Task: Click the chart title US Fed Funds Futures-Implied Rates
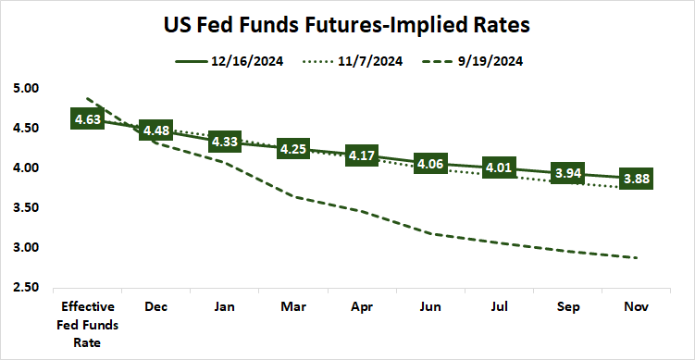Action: (x=347, y=24)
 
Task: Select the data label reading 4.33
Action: (x=226, y=143)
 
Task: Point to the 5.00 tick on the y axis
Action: (x=28, y=89)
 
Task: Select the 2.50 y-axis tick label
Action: (x=28, y=288)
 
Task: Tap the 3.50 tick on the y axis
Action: (x=28, y=208)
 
